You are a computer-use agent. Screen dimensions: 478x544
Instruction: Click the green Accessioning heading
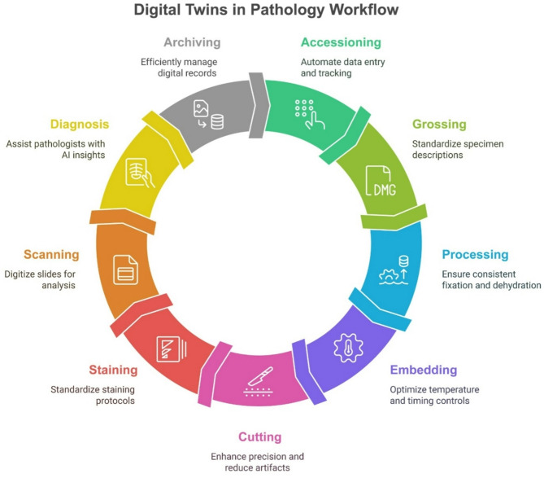click(341, 42)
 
